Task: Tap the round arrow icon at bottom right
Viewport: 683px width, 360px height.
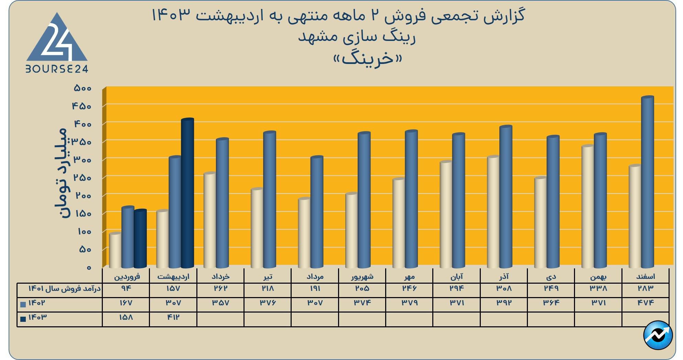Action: (658, 335)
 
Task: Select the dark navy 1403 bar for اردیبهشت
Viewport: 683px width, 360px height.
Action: (187, 193)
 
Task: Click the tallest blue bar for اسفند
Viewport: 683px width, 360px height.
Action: (647, 182)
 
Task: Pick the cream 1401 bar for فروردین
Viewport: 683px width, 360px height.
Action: (115, 250)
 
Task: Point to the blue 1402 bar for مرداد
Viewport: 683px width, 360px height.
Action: (317, 211)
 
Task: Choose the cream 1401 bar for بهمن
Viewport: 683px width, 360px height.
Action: (587, 206)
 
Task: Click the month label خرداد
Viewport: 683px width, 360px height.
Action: (220, 276)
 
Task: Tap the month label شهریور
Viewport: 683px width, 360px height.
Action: (362, 276)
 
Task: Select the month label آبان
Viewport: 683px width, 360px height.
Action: (456, 276)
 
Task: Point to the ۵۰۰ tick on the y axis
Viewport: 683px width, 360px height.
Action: (83, 88)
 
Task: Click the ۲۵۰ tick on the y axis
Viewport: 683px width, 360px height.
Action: (83, 178)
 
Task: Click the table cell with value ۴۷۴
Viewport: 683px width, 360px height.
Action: (646, 303)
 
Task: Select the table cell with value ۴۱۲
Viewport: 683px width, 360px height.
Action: (173, 317)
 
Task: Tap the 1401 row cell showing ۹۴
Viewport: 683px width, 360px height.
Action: (126, 288)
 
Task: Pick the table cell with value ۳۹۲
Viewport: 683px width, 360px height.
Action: (504, 303)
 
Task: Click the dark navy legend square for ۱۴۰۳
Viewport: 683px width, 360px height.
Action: (23, 319)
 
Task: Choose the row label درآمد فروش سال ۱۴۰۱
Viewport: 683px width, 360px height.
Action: (64, 288)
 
